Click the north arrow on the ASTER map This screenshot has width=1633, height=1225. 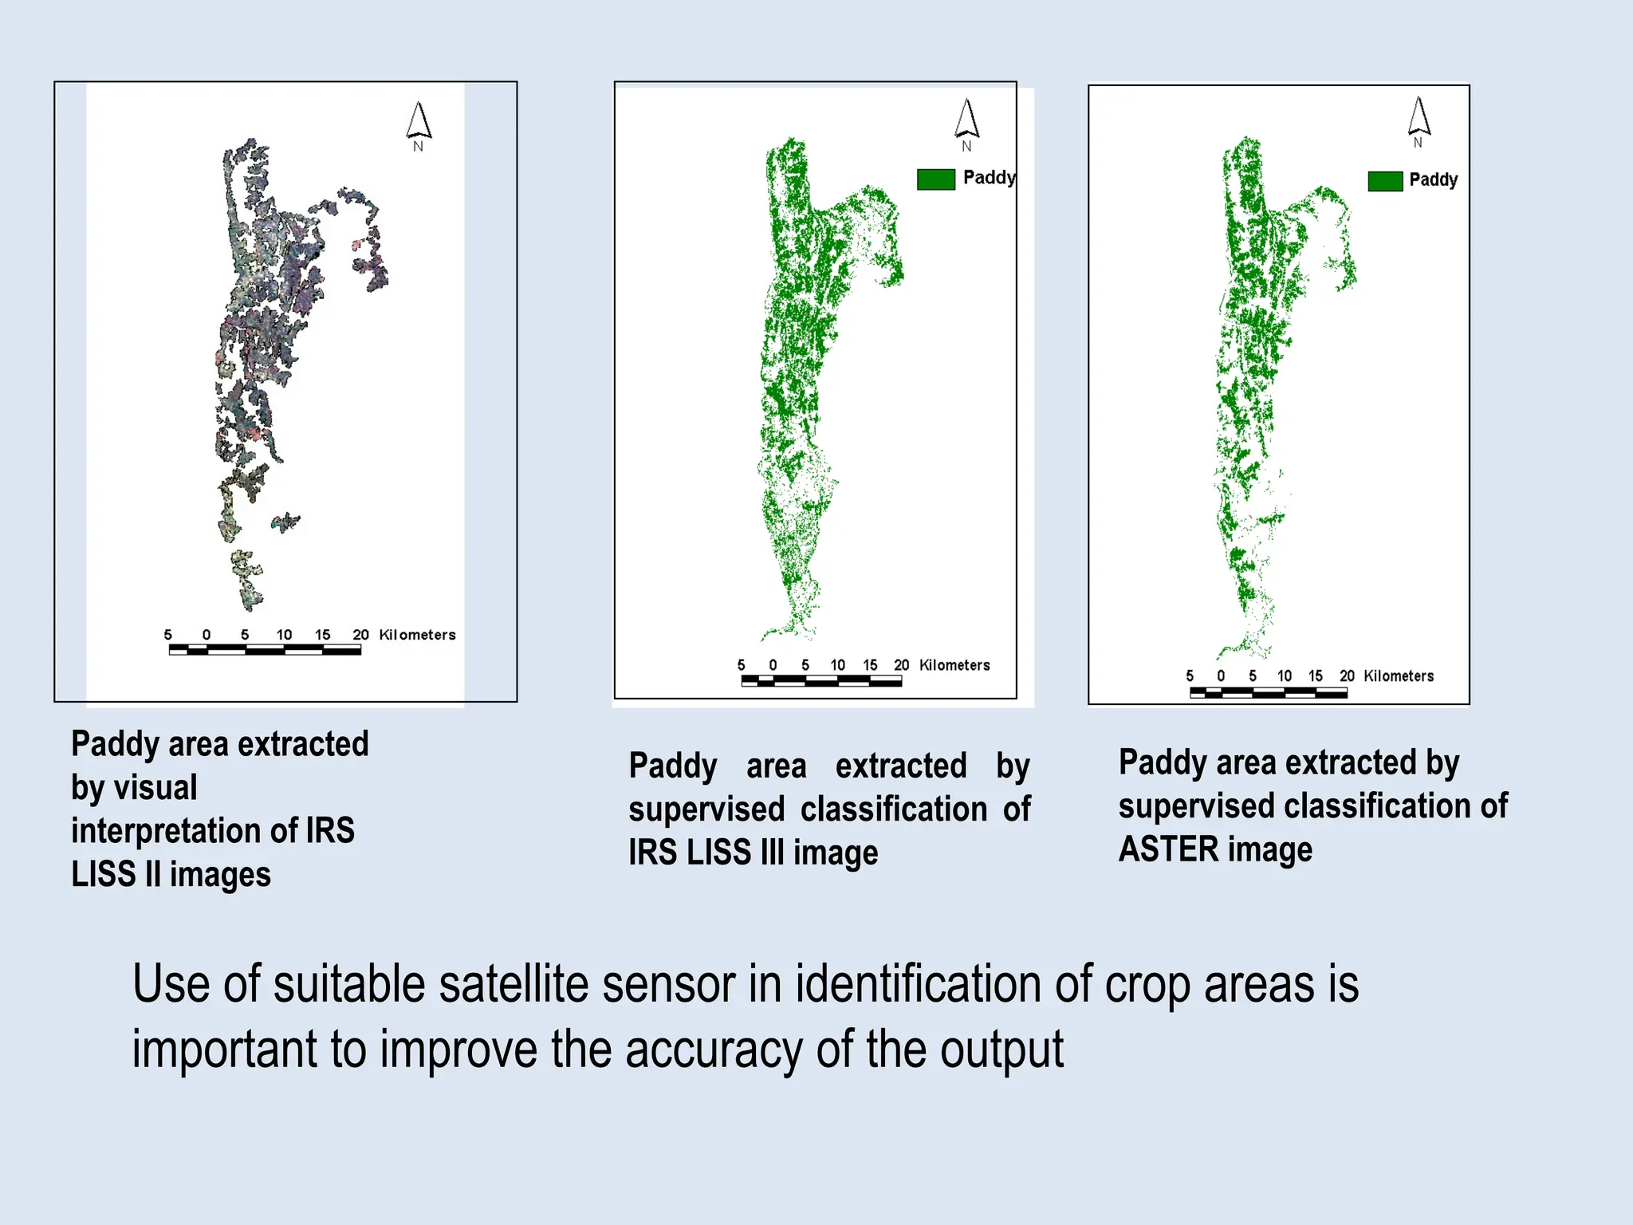coord(1419,118)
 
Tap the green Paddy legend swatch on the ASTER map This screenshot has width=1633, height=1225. coord(1385,181)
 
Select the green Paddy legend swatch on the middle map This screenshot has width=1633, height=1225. coord(935,179)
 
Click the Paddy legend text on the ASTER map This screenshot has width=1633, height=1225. coord(1433,179)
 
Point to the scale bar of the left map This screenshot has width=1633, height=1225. coord(265,650)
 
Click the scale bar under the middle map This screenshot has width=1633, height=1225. coord(821,680)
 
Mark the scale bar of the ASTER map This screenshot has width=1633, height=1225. coord(1268,692)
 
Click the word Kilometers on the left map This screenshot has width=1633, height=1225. coord(417,635)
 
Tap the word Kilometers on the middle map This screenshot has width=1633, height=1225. coord(954,665)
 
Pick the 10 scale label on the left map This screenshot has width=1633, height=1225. coord(284,635)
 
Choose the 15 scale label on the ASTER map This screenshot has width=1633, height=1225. coord(1315,676)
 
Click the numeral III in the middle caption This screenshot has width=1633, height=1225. coord(772,853)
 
